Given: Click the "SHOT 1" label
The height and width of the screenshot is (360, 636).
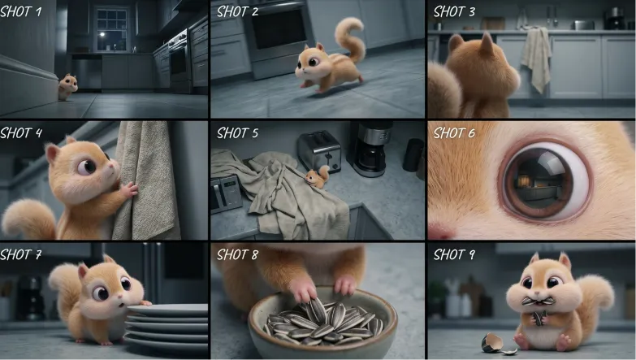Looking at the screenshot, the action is (x=20, y=11).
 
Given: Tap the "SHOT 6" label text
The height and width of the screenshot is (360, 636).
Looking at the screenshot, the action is (x=454, y=132).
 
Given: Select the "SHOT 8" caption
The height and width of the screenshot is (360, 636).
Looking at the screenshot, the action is (x=237, y=254).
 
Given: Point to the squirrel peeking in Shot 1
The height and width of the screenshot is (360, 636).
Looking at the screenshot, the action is (x=67, y=87).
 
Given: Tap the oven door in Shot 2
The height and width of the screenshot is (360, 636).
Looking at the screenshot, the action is (x=279, y=30).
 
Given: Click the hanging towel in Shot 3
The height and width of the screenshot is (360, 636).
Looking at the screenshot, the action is (x=536, y=57).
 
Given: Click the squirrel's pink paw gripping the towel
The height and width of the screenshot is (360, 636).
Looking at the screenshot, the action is (x=130, y=190).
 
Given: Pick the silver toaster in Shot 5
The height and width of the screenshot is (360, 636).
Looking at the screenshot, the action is (x=319, y=151).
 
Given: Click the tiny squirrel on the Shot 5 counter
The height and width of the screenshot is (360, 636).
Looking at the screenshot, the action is (x=318, y=176).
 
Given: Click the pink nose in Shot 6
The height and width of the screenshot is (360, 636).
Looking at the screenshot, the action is (x=441, y=232).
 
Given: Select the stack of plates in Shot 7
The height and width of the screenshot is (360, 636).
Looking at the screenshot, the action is (x=167, y=326).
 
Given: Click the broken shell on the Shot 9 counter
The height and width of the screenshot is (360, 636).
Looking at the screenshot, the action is (x=496, y=345).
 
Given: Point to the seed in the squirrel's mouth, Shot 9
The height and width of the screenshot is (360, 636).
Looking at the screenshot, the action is (x=538, y=301).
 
